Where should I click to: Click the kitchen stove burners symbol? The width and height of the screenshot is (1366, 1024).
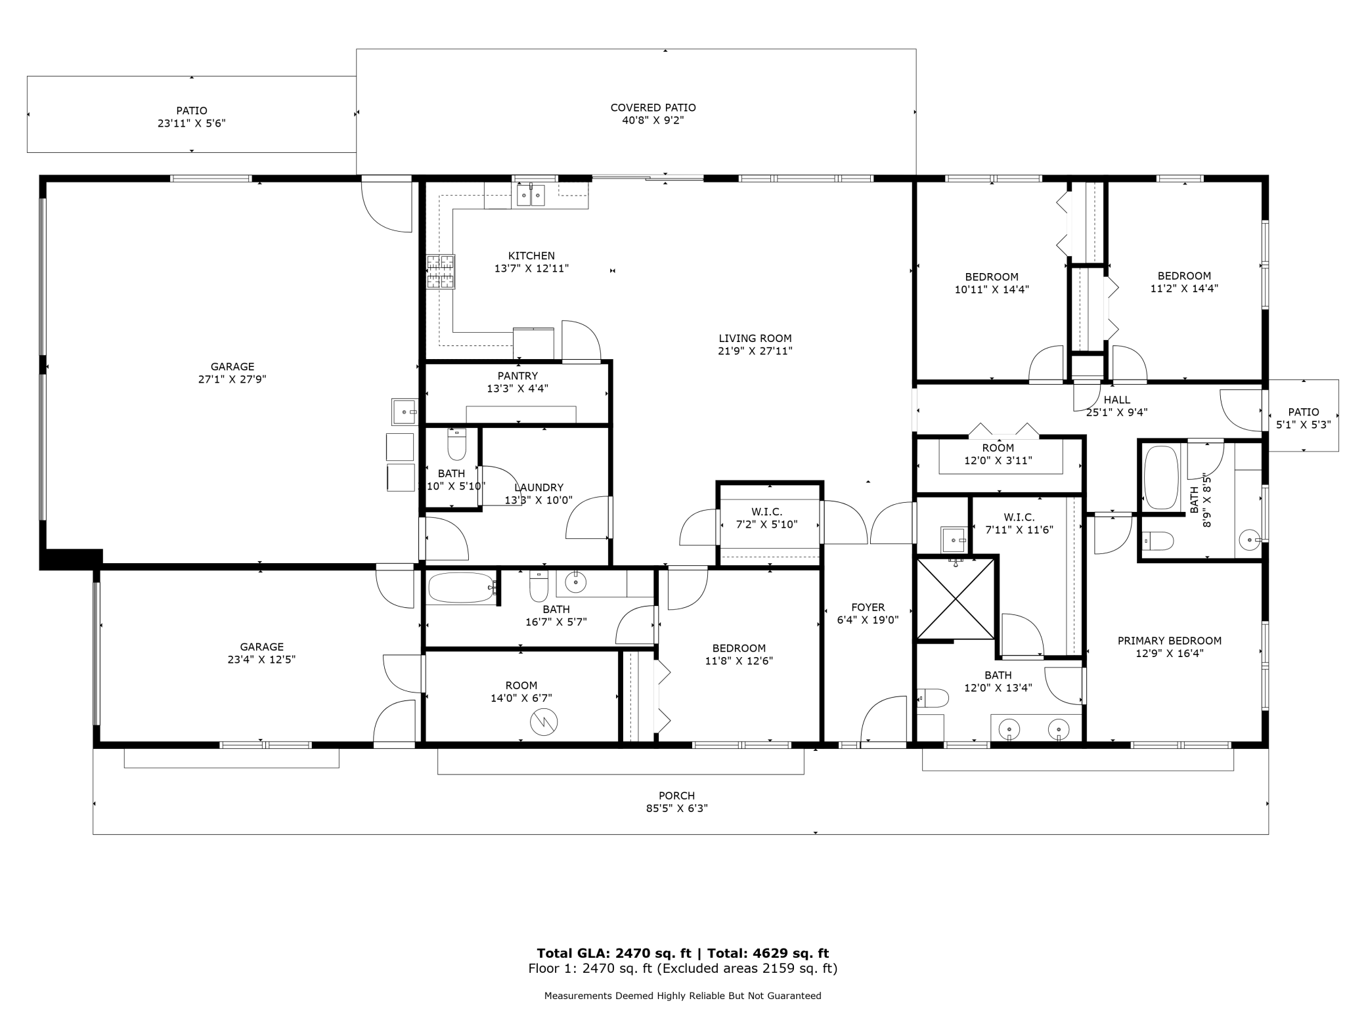[441, 272]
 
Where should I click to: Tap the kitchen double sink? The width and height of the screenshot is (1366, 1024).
[531, 195]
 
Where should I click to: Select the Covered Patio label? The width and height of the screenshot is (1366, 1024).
[653, 108]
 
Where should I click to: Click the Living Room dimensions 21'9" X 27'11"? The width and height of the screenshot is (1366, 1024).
[755, 351]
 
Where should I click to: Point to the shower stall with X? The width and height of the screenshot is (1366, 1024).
[956, 598]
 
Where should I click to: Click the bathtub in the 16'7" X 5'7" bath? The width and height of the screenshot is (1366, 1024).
[462, 587]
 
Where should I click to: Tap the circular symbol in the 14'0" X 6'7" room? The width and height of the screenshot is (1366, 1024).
[544, 722]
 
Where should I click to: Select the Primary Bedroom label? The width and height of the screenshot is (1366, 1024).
[1169, 641]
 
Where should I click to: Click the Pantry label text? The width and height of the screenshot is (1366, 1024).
[518, 376]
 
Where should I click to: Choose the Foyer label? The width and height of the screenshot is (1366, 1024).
[868, 608]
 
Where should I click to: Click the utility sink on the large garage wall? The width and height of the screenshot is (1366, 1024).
[405, 412]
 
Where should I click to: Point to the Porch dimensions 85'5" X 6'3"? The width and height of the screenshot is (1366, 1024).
[676, 809]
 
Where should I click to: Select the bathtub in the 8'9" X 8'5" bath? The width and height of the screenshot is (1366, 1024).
[1161, 477]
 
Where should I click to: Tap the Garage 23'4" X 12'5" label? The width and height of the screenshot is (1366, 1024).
[261, 647]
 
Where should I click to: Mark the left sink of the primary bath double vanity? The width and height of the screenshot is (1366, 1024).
[1009, 729]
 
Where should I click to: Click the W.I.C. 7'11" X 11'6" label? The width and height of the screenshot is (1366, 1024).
[1019, 518]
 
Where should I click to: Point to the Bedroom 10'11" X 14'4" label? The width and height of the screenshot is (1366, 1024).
[991, 277]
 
